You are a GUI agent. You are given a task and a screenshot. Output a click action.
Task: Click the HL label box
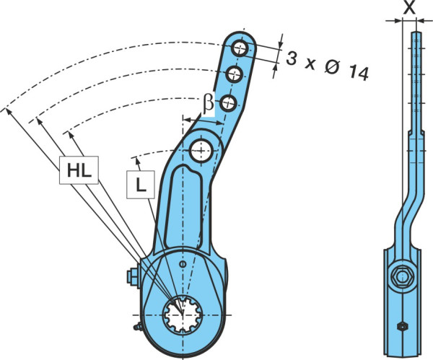point(79,170)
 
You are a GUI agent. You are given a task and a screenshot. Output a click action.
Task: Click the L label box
point(141,185)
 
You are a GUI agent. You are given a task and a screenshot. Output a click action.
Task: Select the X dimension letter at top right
point(409,8)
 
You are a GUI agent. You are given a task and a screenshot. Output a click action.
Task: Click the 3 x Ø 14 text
point(327,66)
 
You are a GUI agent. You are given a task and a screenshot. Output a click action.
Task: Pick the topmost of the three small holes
point(240,48)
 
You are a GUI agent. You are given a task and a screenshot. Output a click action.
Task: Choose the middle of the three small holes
point(234,74)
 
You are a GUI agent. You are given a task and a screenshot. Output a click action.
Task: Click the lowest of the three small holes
point(229,103)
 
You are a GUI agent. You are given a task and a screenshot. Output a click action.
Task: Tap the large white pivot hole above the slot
point(201,151)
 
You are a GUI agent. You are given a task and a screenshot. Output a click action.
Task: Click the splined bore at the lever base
point(183,315)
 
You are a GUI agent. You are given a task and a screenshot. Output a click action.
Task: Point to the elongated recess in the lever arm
point(183,206)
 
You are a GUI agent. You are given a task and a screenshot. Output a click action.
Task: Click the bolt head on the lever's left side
point(133,277)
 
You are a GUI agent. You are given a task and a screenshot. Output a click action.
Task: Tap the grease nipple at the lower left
point(138,327)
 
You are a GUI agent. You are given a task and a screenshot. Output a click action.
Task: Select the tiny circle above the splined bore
point(183,264)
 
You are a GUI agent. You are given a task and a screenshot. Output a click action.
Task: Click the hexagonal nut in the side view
point(403,276)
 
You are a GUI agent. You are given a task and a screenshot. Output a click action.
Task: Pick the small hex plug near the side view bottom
point(403,326)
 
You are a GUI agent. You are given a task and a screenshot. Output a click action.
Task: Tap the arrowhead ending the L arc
point(136,162)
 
